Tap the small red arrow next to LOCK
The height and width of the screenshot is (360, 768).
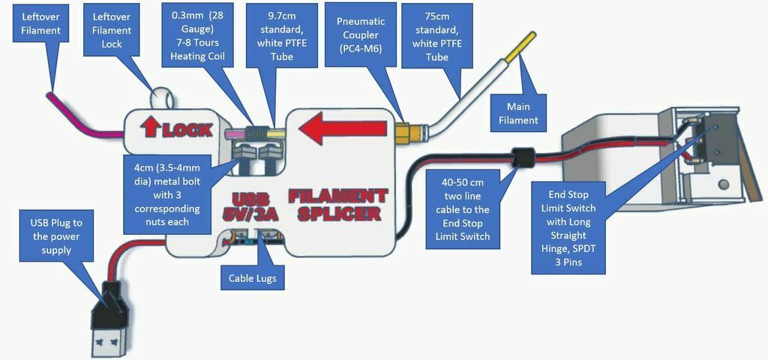click(149, 128)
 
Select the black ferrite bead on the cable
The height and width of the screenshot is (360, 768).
click(524, 157)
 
